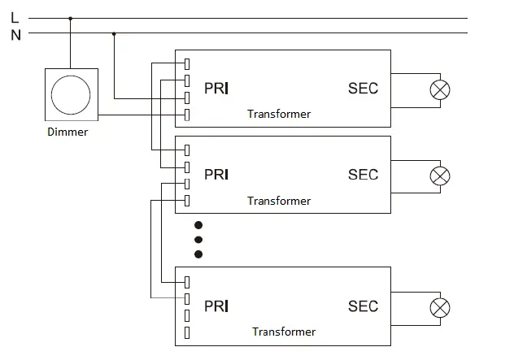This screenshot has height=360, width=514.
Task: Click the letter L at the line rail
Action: click(15, 17)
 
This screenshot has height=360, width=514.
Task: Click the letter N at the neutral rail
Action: click(15, 34)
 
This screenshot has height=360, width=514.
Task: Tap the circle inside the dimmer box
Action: click(71, 94)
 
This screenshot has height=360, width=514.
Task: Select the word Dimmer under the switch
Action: click(68, 132)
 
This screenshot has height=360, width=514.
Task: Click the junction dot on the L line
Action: click(71, 18)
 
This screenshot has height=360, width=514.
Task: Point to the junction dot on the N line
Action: click(114, 33)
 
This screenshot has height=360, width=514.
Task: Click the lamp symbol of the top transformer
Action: click(440, 89)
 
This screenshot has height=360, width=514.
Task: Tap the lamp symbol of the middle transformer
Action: click(440, 176)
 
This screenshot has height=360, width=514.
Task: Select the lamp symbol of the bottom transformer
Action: click(440, 307)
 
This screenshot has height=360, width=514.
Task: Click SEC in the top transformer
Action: click(363, 88)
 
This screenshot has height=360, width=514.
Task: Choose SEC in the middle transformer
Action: click(363, 174)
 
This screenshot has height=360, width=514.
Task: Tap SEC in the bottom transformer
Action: click(363, 306)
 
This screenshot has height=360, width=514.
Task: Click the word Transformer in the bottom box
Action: click(284, 332)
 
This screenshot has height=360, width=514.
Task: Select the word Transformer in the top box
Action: click(279, 114)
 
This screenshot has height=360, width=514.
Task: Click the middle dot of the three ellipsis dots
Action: click(198, 239)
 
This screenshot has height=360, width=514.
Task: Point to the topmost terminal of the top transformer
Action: click(187, 63)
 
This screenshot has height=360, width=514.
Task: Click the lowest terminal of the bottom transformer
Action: click(187, 333)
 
